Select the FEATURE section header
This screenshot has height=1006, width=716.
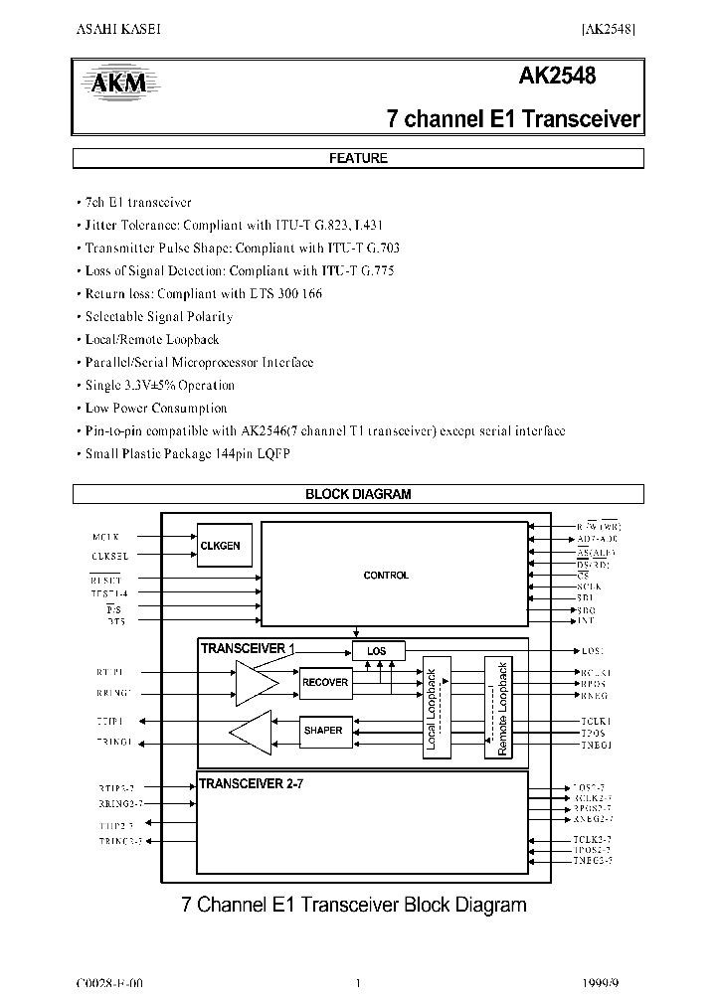pyautogui.click(x=358, y=158)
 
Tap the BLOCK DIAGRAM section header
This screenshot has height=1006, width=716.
pyautogui.click(x=358, y=494)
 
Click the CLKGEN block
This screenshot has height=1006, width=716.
pyautogui.click(x=221, y=546)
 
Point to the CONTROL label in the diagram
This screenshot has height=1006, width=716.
pyautogui.click(x=386, y=576)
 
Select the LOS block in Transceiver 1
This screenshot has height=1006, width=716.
pyautogui.click(x=377, y=651)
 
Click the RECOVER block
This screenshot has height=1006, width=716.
pyautogui.click(x=325, y=682)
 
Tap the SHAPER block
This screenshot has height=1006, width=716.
pyautogui.click(x=322, y=731)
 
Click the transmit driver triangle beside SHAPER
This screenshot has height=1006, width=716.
pyautogui.click(x=251, y=732)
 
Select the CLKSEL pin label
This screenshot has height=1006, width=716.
pyautogui.click(x=110, y=556)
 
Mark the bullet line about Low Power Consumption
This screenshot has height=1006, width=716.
pyautogui.click(x=156, y=409)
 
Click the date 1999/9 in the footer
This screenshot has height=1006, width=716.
pyautogui.click(x=601, y=983)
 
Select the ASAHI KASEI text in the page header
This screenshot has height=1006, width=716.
pyautogui.click(x=118, y=29)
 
